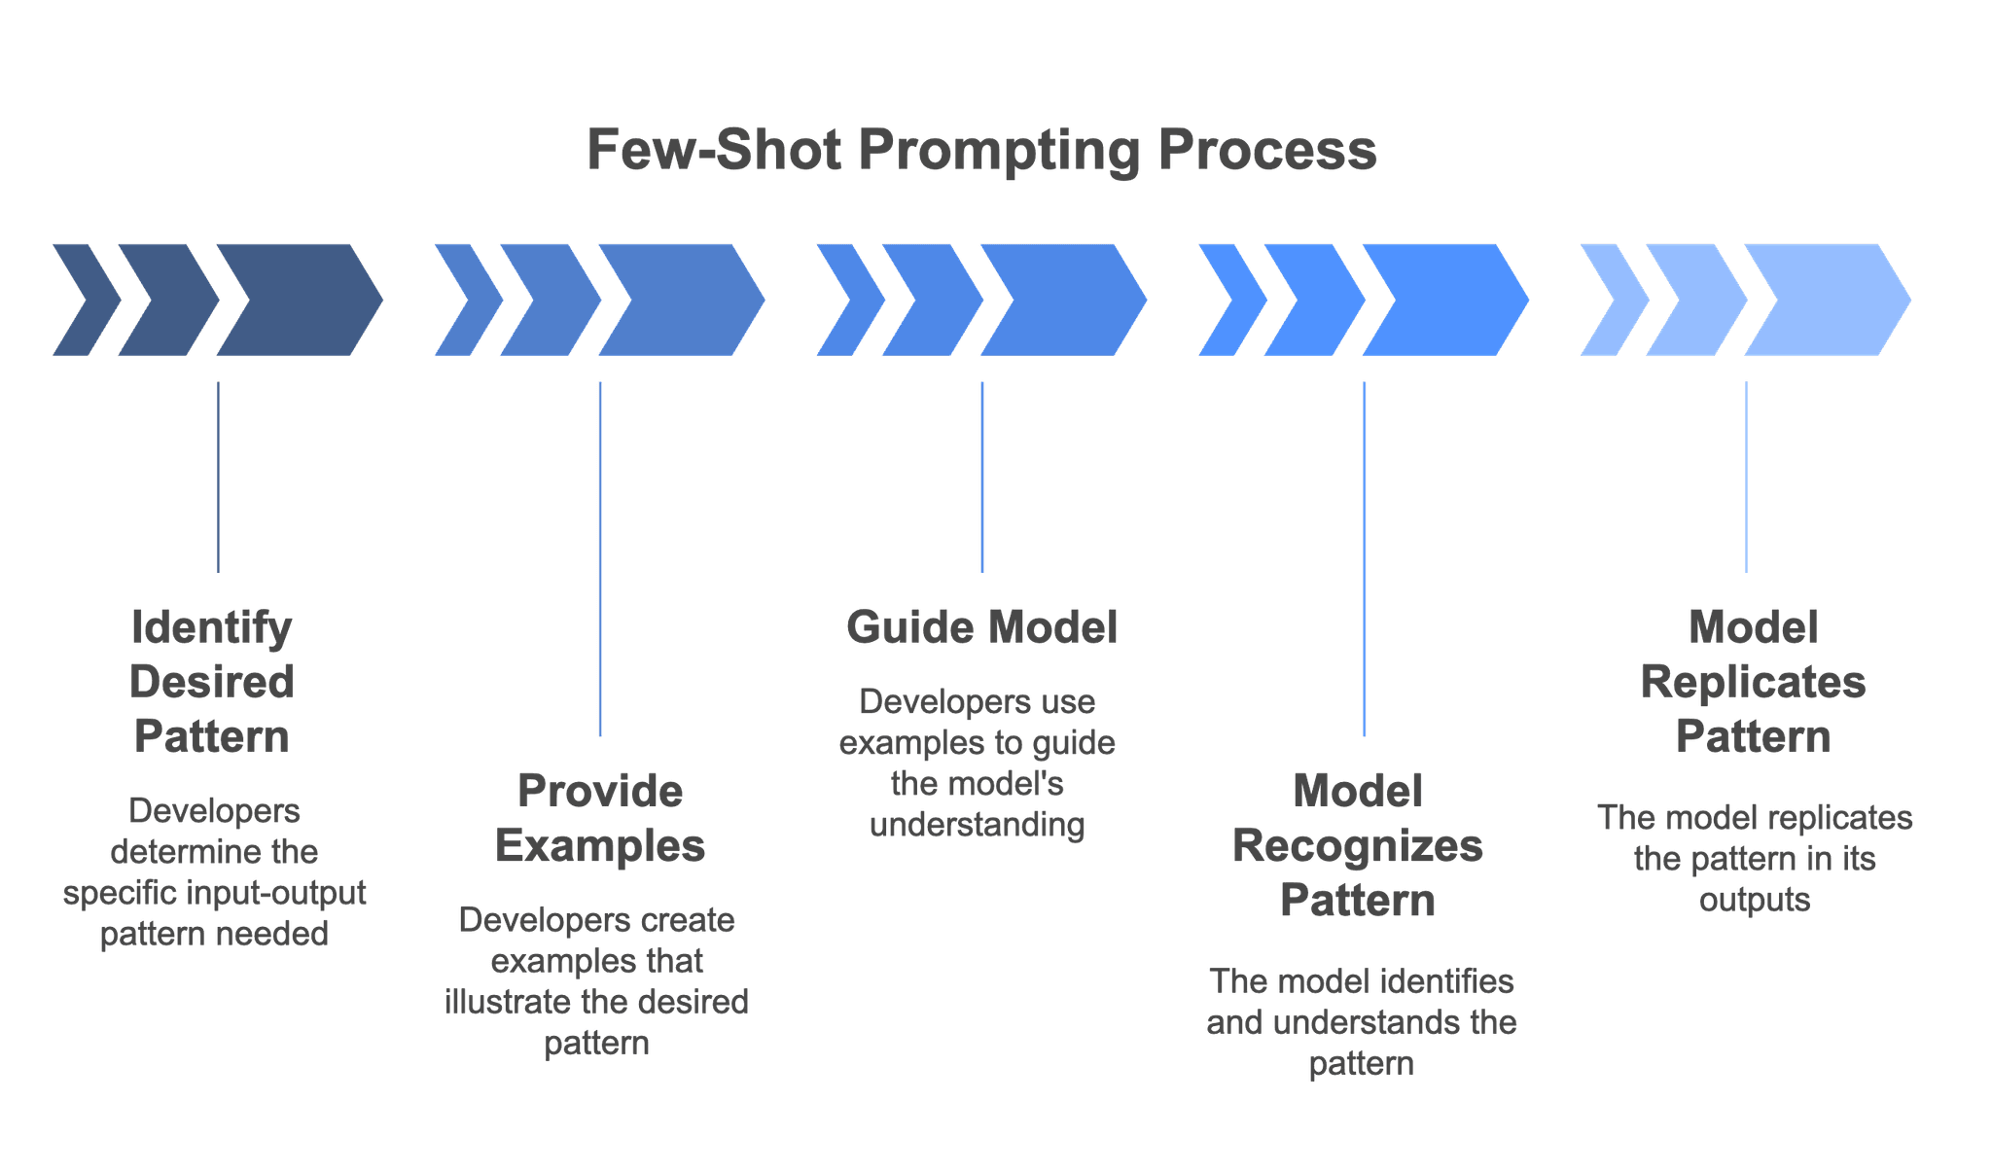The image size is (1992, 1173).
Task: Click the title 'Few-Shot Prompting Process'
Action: pos(981,151)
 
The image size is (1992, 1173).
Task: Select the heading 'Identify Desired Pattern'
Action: pos(212,681)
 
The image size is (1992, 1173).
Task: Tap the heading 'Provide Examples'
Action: pos(599,818)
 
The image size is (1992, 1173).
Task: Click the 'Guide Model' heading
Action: pos(981,627)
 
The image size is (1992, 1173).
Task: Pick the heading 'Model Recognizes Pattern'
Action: pos(1358,845)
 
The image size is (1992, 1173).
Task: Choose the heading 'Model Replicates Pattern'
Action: pos(1753,681)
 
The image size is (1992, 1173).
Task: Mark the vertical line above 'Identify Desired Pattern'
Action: pos(217,477)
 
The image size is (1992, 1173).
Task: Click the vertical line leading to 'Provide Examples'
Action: pos(600,559)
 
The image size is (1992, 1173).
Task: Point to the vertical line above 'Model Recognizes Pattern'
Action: pos(1364,559)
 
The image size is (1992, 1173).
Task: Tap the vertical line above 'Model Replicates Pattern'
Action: pos(1746,477)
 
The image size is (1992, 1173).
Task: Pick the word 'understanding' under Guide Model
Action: pos(978,825)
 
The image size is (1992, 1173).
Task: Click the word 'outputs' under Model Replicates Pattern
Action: pos(1755,900)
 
